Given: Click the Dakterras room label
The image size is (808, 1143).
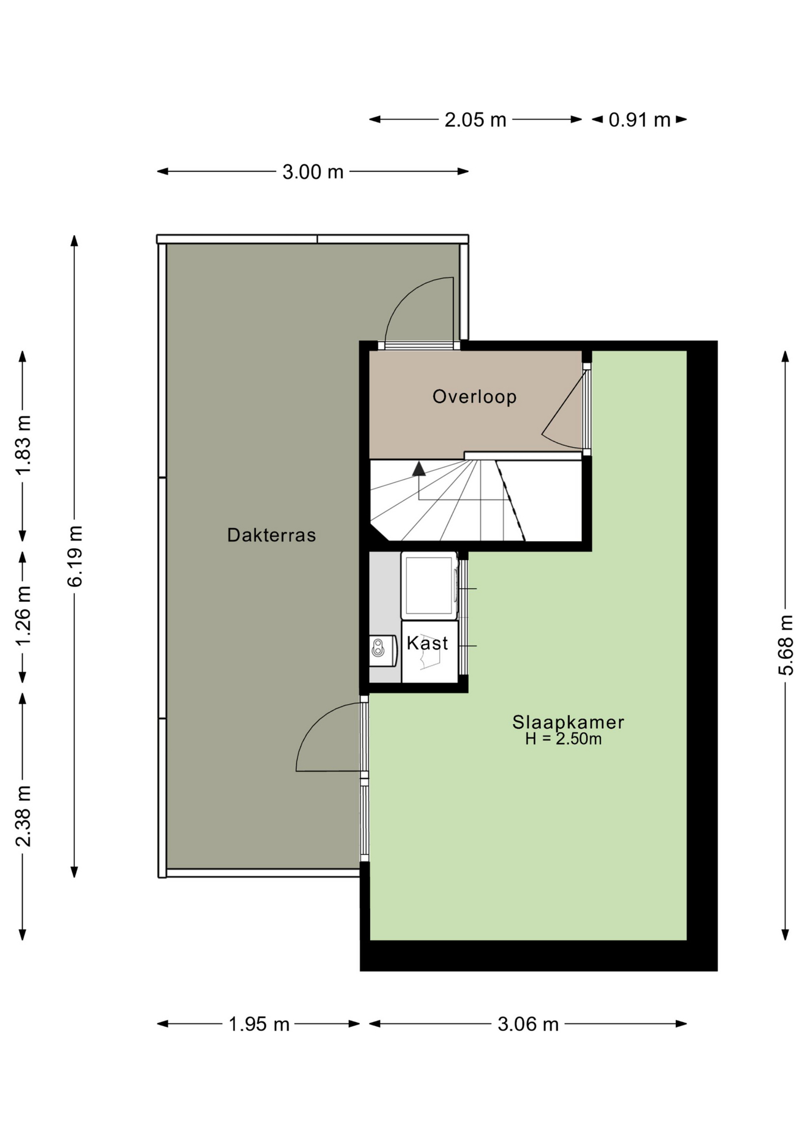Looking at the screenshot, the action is [271, 535].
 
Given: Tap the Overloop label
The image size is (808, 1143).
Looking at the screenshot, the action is [474, 396].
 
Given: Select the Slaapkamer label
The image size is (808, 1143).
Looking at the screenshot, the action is [568, 722].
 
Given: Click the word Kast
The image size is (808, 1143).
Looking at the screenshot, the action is [427, 643].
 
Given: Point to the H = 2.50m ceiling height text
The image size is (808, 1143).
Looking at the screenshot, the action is [563, 739].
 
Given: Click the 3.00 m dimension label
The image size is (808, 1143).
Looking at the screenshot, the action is [313, 172].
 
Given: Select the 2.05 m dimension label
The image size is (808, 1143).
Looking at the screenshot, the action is [475, 120].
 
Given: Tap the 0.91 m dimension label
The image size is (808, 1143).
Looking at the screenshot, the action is [640, 120].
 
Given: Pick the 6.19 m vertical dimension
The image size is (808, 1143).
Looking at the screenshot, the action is [75, 556].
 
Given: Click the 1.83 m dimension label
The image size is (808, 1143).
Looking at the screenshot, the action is [23, 445].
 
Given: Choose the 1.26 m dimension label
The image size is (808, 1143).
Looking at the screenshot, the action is [23, 616].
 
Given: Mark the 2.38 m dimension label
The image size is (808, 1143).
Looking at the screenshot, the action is [23, 816].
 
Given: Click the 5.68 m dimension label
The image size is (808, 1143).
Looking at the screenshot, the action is [786, 645].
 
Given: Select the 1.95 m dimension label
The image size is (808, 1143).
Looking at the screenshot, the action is [259, 1025].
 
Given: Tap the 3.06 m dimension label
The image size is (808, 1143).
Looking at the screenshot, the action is [528, 1025].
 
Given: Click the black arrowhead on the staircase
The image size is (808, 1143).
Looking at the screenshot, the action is [419, 469].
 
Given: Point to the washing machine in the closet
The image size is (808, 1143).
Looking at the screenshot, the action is [429, 586].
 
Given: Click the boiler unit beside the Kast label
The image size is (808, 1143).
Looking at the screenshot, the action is [383, 650].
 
